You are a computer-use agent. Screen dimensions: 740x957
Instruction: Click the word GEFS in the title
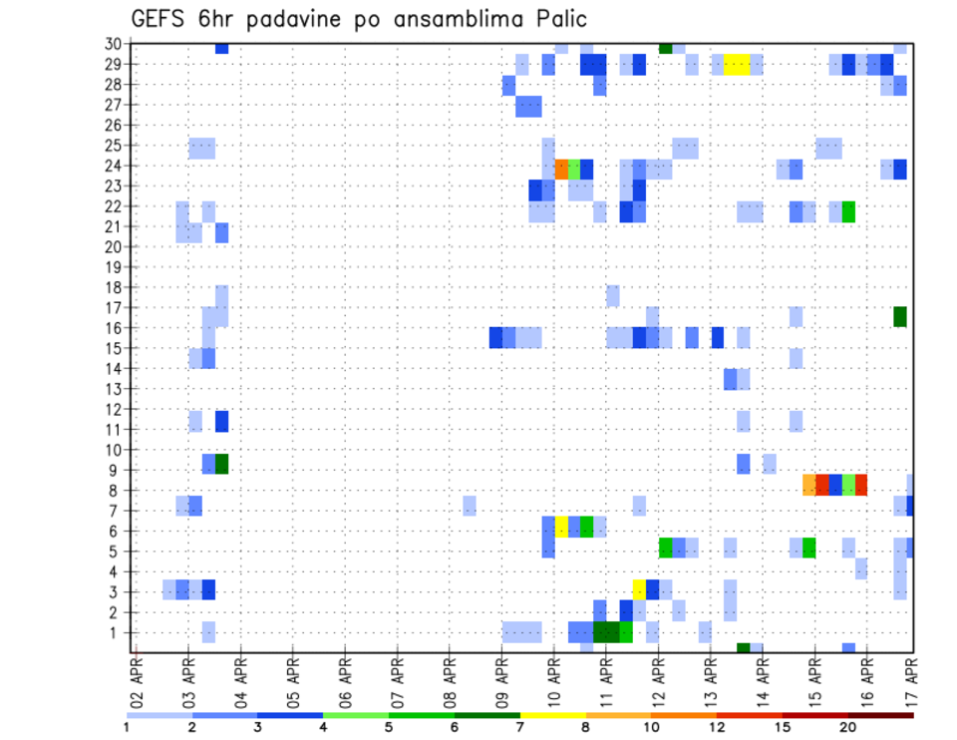(164, 19)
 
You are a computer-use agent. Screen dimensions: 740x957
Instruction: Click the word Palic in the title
(556, 19)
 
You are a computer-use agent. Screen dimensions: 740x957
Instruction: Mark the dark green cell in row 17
(900, 316)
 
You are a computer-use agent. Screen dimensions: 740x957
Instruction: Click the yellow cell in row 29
(736, 64)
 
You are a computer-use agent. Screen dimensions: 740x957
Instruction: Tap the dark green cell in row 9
(221, 464)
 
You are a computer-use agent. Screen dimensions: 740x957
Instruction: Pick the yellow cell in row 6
(561, 526)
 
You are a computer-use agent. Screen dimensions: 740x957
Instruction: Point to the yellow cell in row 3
(639, 587)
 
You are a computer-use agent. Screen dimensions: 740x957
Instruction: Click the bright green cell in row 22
(848, 211)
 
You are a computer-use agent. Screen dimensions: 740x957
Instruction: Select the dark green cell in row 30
(665, 48)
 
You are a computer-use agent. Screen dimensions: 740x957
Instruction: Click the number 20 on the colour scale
(848, 726)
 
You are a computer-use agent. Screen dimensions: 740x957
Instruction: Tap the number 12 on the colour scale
(717, 726)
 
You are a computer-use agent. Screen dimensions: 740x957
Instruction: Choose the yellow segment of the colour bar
(552, 715)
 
